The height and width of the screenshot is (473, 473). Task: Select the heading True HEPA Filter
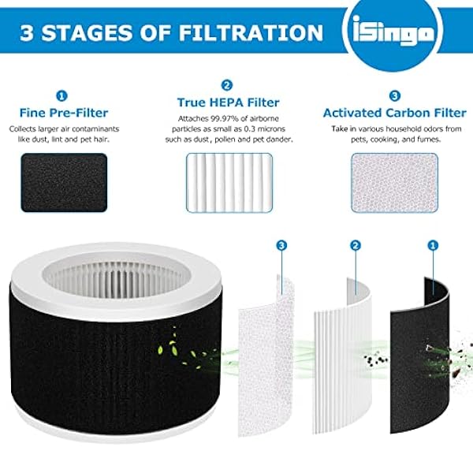228,102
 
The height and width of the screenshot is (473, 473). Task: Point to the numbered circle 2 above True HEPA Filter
228,84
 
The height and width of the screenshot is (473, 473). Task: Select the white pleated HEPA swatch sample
228,177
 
